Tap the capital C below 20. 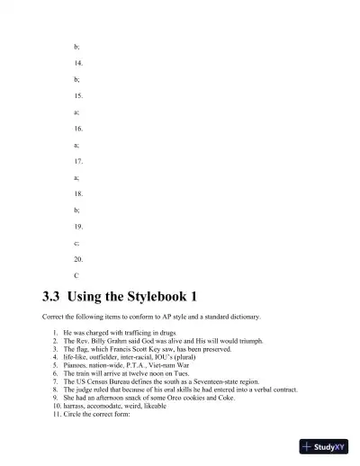[x=76, y=275]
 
